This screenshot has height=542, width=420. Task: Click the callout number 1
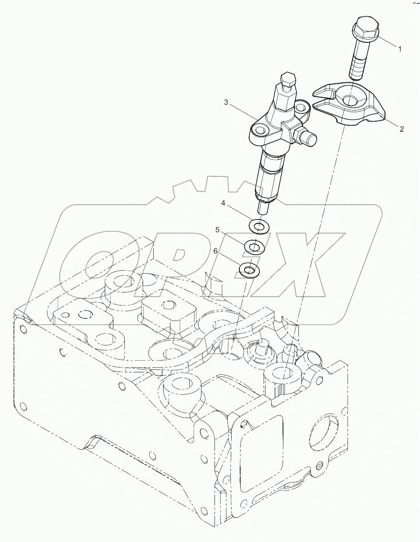tap(400, 49)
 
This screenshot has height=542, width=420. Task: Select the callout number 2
tap(402, 129)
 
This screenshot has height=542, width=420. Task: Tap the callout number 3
tap(226, 102)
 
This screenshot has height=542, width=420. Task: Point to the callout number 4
tap(223, 203)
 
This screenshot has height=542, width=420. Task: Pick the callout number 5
tap(218, 230)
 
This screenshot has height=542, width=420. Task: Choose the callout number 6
tap(215, 251)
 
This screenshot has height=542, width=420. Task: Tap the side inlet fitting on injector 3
tap(309, 138)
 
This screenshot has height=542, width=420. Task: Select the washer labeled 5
tap(253, 247)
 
